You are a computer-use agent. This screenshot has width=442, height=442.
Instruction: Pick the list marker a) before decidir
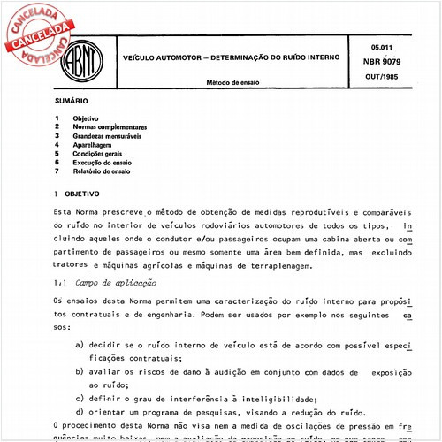(x=80, y=344)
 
